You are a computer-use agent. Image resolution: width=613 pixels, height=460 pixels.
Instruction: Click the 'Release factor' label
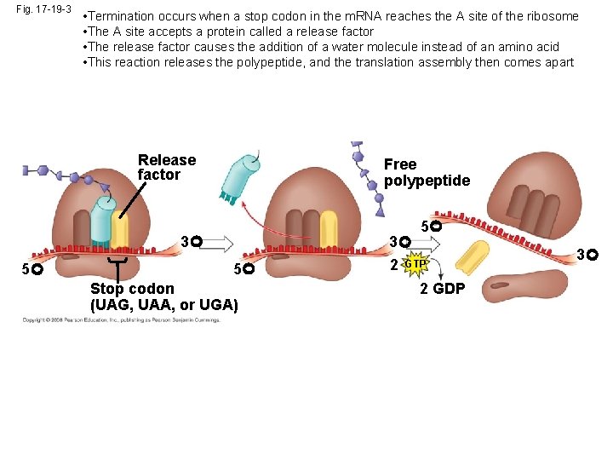click(166, 167)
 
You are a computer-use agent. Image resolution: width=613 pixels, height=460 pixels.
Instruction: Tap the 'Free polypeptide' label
click(426, 172)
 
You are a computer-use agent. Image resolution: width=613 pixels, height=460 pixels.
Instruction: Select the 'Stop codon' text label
click(132, 289)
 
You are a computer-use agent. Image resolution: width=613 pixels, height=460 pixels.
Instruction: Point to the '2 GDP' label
click(442, 289)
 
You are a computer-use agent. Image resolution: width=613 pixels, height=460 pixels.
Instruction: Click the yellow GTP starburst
click(415, 264)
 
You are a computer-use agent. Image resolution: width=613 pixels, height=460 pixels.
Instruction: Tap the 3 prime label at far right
click(587, 254)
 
